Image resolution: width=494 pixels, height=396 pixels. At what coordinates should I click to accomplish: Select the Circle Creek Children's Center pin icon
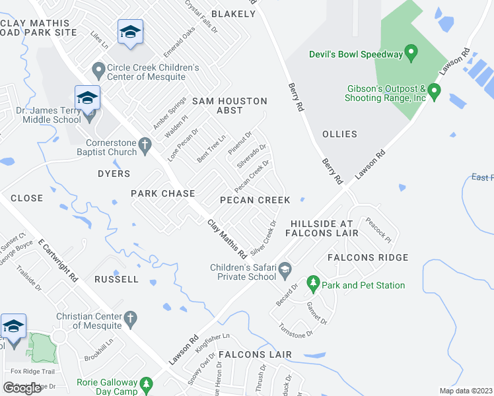coord(98,69)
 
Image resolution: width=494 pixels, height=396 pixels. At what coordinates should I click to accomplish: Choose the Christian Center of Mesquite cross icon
coord(130,319)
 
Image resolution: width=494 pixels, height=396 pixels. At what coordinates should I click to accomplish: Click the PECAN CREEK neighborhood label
coord(255,200)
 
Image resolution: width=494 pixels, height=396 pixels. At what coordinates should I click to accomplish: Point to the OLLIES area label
coord(339,134)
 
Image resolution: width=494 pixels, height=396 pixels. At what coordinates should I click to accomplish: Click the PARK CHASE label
coord(162,193)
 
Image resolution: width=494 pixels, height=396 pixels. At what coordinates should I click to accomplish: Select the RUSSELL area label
coord(116,279)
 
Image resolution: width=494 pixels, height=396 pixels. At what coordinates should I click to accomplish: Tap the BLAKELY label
coord(232,14)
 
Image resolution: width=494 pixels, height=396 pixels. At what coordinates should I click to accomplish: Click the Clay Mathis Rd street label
coord(227,238)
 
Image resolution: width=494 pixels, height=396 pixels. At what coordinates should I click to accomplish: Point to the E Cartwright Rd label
coord(58,261)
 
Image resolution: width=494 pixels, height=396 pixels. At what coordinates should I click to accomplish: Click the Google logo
coord(22,387)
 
